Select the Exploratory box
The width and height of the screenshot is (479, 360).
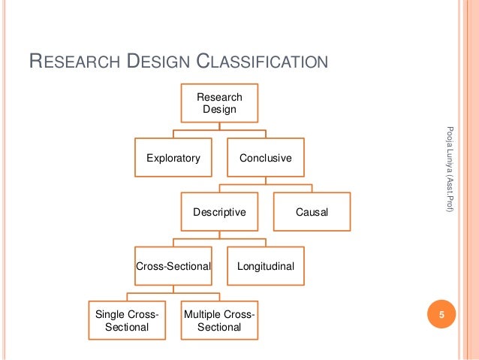tap(173, 158)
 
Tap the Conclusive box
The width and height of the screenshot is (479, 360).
tap(265, 158)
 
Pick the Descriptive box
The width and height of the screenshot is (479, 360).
tap(219, 212)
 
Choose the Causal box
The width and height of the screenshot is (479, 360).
tap(312, 212)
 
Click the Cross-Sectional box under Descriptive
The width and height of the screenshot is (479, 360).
tap(173, 266)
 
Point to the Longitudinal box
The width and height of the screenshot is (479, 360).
tap(265, 266)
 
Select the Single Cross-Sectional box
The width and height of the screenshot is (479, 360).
tap(127, 320)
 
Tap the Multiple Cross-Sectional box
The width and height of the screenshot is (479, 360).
tap(219, 320)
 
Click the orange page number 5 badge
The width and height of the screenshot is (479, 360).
tap(442, 316)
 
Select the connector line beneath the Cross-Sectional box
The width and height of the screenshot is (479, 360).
tap(173, 289)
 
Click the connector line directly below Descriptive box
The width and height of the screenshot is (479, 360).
tap(219, 234)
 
